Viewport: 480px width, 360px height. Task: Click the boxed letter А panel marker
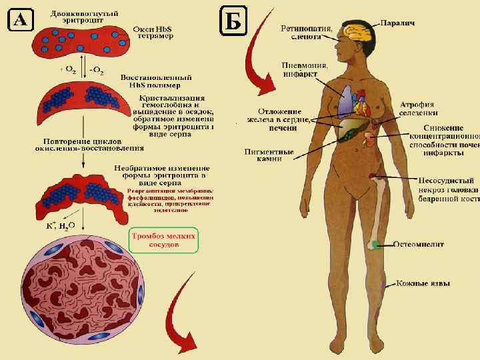(x=20, y=21)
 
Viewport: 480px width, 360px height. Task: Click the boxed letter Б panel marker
(x=233, y=22)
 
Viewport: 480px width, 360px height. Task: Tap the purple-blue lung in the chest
(x=344, y=103)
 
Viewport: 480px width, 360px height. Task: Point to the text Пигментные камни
(x=270, y=155)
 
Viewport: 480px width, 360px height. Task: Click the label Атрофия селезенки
(x=418, y=109)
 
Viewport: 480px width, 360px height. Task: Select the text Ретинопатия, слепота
(x=303, y=33)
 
